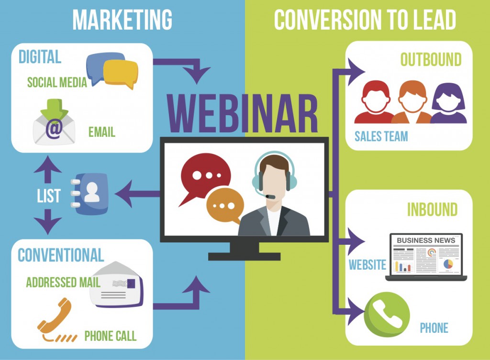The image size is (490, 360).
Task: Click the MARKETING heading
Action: point(122,19)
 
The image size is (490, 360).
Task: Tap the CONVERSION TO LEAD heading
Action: point(365,19)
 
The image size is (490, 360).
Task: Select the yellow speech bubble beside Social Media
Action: point(121,73)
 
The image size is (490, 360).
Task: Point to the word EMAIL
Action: point(102,132)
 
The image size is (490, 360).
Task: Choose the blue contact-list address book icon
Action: point(90,194)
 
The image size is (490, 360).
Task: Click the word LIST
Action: point(48,196)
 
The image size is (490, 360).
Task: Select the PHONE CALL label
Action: point(111,336)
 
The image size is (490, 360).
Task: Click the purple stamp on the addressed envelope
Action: point(131,284)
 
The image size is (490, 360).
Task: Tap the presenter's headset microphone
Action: point(270,196)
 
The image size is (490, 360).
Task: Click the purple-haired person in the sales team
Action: point(448,103)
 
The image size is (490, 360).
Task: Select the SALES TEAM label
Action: point(381,136)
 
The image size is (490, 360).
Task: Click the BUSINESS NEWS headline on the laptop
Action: point(426,240)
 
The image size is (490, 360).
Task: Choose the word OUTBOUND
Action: point(431,59)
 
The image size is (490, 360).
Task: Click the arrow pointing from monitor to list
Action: point(137,194)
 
